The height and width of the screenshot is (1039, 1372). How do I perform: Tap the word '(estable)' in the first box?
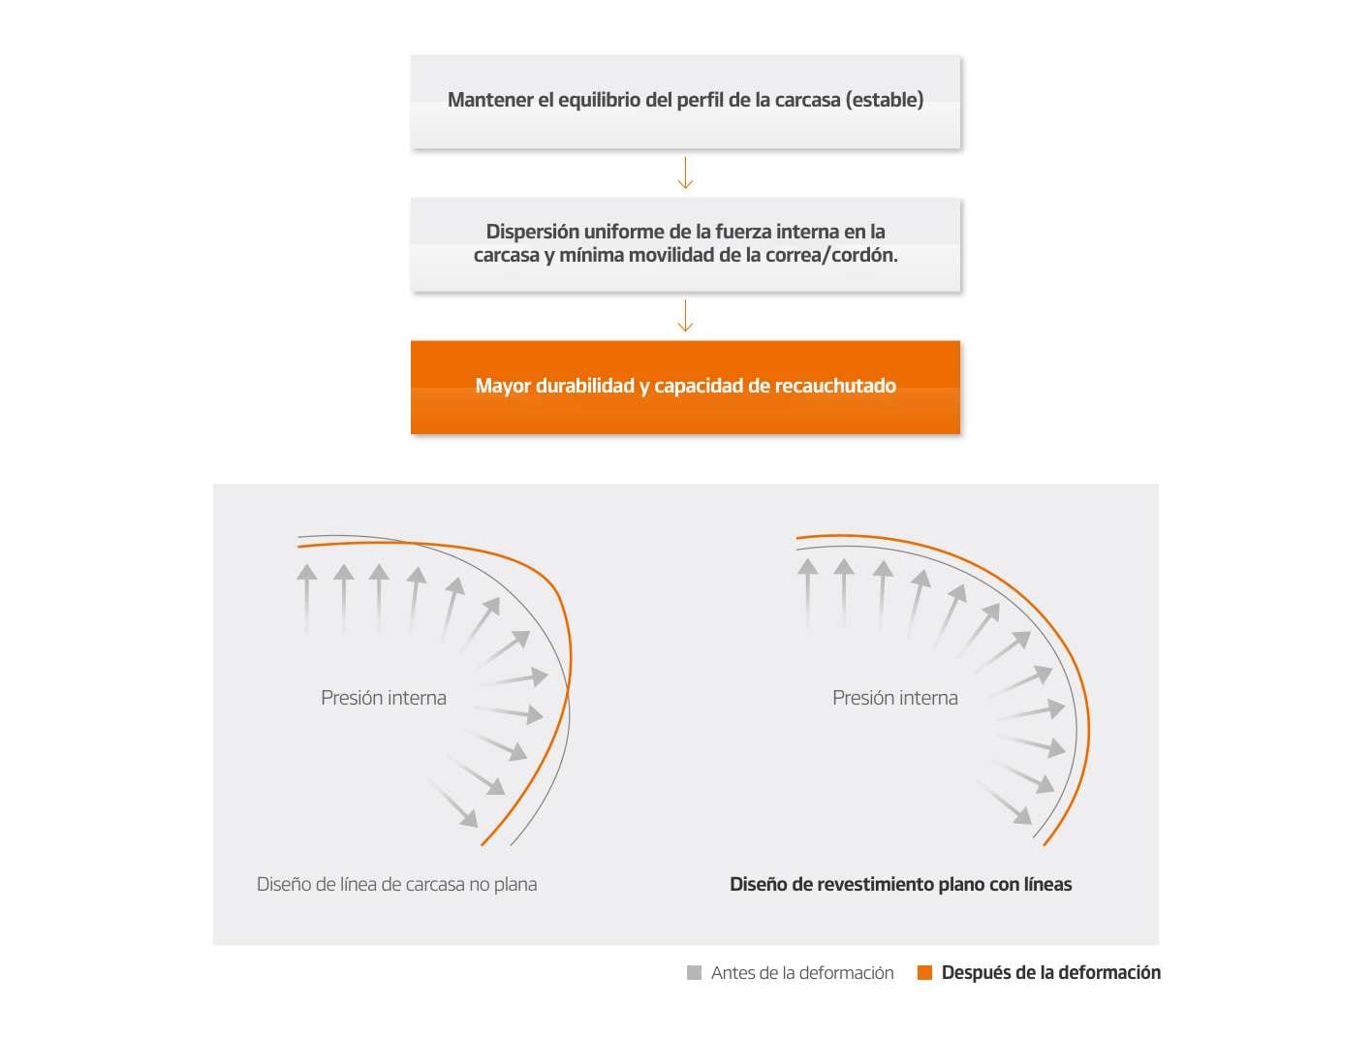[884, 100]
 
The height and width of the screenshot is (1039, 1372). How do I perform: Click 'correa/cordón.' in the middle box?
[822, 255]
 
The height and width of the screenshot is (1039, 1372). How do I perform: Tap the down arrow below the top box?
[685, 173]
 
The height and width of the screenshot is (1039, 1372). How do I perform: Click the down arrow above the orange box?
[685, 315]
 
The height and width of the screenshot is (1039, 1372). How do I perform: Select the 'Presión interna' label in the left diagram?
[383, 698]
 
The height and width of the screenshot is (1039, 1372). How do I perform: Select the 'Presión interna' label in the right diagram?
[894, 698]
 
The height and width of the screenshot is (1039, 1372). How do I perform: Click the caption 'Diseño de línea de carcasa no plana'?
[396, 884]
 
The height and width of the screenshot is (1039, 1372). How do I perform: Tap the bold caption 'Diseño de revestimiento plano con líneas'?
[901, 884]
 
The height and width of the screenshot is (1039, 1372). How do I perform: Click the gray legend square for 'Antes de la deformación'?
[694, 973]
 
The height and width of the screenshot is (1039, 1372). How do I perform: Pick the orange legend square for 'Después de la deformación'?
[924, 973]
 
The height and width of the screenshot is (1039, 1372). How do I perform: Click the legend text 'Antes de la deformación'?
[802, 973]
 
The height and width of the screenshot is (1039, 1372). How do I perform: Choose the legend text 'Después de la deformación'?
[1050, 973]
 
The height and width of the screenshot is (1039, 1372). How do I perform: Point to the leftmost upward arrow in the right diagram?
[807, 594]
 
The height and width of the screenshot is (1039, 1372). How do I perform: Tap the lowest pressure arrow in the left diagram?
[453, 803]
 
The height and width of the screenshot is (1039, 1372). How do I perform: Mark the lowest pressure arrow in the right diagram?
[1005, 803]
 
